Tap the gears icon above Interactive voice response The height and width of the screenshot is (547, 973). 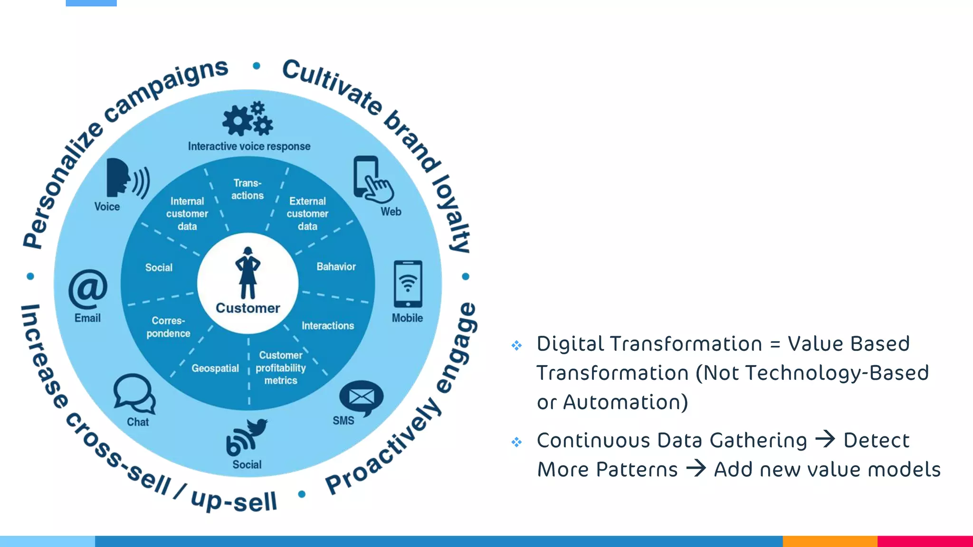pos(248,119)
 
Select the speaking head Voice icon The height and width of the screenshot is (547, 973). pos(126,178)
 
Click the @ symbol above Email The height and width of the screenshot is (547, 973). pos(88,289)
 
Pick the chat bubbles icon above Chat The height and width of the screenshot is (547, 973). pos(134,393)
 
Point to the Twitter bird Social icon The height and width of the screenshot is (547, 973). pos(247,437)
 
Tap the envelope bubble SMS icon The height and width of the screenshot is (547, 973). pos(361,397)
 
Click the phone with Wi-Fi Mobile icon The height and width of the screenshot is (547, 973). pos(408,284)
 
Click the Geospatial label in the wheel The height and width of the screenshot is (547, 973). pos(215,368)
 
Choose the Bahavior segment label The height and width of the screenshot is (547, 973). pos(336,266)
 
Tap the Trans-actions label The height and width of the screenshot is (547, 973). pos(248,189)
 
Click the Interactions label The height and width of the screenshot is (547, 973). pos(328,325)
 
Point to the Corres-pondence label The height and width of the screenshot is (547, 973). pos(168,327)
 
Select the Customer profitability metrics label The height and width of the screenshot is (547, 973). pos(281,368)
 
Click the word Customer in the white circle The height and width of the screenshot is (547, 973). pos(248,308)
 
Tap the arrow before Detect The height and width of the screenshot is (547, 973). pos(825,439)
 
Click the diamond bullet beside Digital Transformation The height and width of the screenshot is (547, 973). pos(516,345)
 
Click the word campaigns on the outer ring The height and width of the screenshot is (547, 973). pos(166,90)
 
